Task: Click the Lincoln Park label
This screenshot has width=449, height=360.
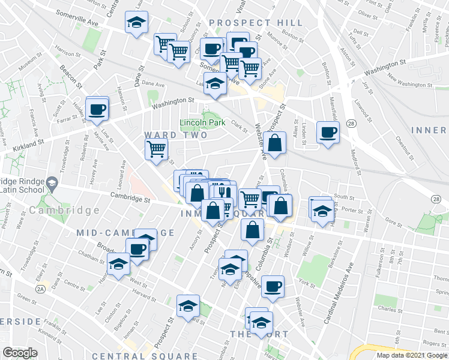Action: pyautogui.click(x=202, y=123)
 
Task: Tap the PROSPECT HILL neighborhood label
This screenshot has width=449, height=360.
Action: pyautogui.click(x=256, y=23)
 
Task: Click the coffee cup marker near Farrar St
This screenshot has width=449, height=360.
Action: pyautogui.click(x=97, y=110)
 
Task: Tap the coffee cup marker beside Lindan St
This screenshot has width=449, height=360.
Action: pyautogui.click(x=327, y=133)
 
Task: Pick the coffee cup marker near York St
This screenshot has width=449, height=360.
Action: pyautogui.click(x=273, y=286)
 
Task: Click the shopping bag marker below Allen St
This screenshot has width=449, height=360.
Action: pyautogui.click(x=274, y=144)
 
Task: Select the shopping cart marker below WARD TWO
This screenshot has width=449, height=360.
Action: pyautogui.click(x=156, y=148)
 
